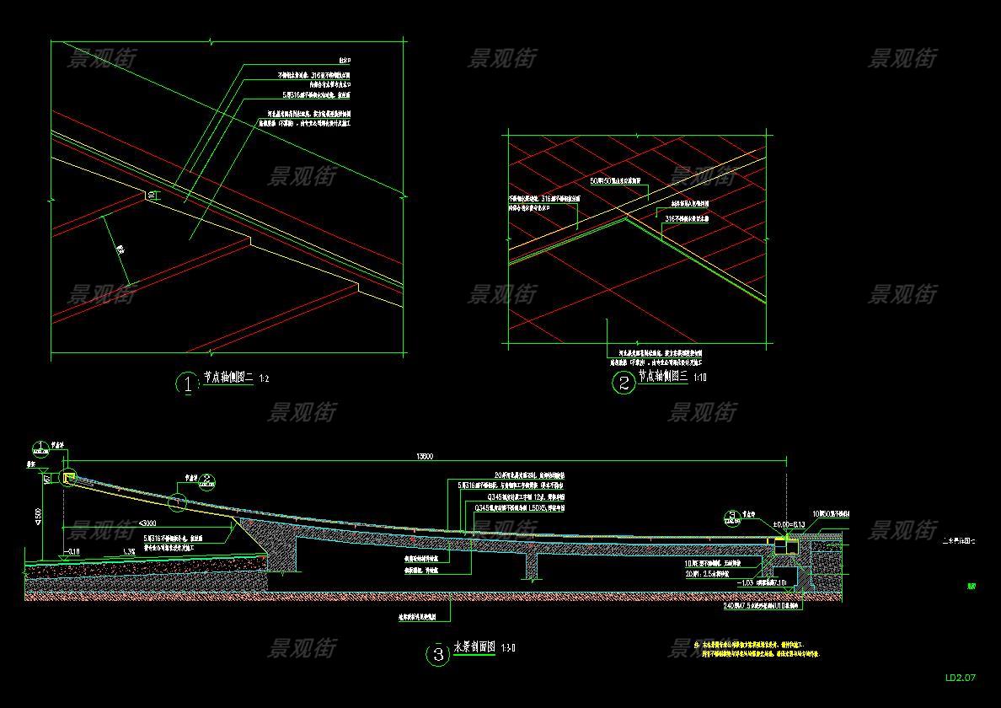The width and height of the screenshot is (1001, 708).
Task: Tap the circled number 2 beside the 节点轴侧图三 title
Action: pyautogui.click(x=623, y=383)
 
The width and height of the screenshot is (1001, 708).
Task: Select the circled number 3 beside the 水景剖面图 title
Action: pyautogui.click(x=437, y=654)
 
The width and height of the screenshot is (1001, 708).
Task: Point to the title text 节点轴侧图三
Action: pyautogui.click(x=663, y=377)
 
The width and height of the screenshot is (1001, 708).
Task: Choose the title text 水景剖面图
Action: pyautogui.click(x=474, y=647)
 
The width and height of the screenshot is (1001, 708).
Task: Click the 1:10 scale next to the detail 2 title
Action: pyautogui.click(x=699, y=378)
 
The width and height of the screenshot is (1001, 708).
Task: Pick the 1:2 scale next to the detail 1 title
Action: pyautogui.click(x=264, y=380)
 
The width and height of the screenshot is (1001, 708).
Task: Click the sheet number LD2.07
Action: pyautogui.click(x=960, y=677)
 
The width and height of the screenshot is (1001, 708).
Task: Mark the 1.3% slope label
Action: pyautogui.click(x=129, y=550)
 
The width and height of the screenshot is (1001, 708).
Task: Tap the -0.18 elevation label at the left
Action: pyautogui.click(x=73, y=552)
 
